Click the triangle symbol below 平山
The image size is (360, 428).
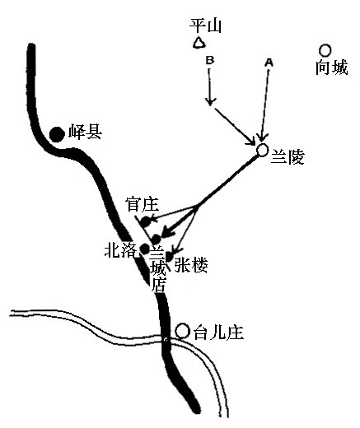click(199, 43)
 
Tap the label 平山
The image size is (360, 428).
click(206, 26)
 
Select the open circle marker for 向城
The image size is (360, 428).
click(325, 50)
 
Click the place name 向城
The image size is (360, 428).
click(332, 67)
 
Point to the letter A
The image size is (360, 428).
click(269, 63)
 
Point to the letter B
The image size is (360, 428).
click(210, 60)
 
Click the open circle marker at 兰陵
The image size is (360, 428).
click(262, 150)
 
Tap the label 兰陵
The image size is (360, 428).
click(288, 157)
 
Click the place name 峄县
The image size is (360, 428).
click(86, 132)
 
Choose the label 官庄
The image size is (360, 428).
click(142, 204)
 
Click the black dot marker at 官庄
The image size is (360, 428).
click(146, 221)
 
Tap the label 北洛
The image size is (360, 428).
click(120, 250)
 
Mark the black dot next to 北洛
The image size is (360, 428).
click(145, 249)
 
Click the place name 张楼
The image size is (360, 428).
click(191, 265)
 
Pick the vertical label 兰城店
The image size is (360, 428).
click(158, 270)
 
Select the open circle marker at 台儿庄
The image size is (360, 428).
click(182, 331)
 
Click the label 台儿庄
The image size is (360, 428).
click(219, 333)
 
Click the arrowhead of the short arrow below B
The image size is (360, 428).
click(210, 102)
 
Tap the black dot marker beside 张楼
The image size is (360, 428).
click(168, 257)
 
